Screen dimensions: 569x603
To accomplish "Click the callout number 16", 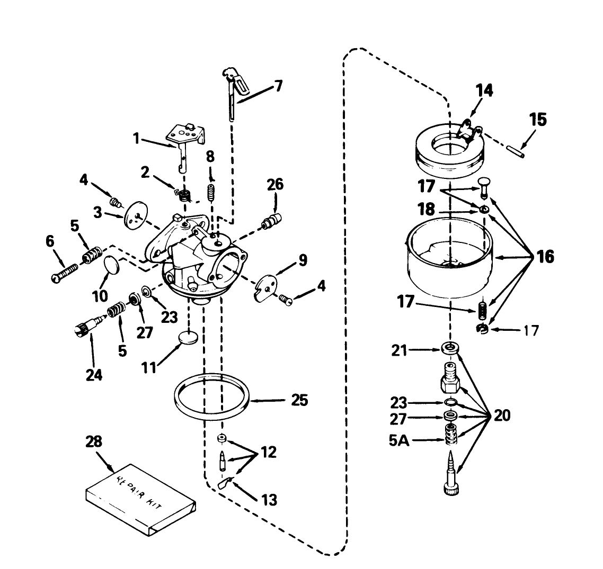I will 545,257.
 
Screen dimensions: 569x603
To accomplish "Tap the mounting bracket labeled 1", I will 184,139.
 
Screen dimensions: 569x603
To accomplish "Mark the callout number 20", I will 502,416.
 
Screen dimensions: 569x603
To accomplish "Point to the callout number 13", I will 269,500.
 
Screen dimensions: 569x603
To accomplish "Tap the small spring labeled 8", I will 211,191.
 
